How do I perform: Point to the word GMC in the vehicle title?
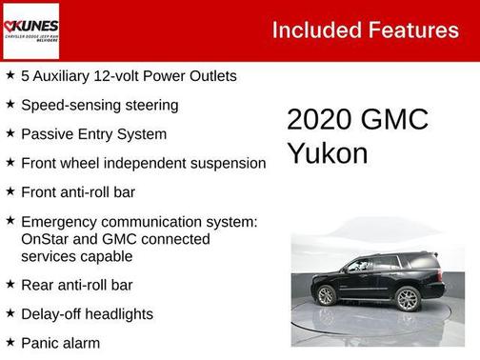[x=395, y=120]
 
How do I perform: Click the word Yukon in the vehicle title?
[x=327, y=152]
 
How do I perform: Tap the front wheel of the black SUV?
[x=327, y=295]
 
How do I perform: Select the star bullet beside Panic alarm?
[x=10, y=341]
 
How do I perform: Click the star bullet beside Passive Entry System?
[x=10, y=133]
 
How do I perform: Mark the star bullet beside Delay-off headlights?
[x=10, y=312]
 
